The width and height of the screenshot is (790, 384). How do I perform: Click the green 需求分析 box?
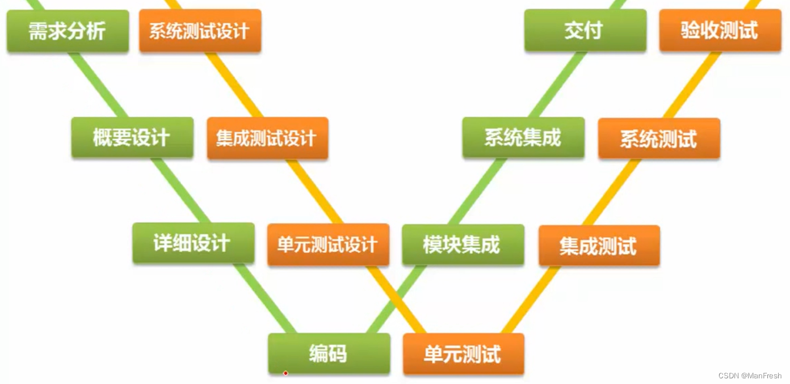coord(68,31)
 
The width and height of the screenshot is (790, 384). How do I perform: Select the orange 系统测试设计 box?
coord(200,31)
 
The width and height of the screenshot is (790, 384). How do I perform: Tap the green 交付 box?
coord(585,31)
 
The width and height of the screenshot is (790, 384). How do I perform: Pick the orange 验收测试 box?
coord(720,31)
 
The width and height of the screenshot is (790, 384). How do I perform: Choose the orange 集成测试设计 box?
coord(267,138)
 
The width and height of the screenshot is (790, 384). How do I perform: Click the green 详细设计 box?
coord(193,243)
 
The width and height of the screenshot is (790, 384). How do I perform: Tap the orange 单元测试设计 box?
coord(328,244)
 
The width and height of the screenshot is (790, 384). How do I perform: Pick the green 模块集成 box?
coord(463,244)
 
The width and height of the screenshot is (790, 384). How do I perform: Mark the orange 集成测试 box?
coord(599,246)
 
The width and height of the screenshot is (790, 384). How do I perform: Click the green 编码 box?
coord(329,353)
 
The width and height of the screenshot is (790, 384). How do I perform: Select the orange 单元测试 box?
coord(463,355)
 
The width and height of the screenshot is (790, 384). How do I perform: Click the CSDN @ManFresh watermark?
coord(750,375)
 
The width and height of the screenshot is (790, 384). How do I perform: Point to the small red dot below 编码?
coord(285,373)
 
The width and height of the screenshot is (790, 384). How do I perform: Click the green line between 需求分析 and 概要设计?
coord(98,85)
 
